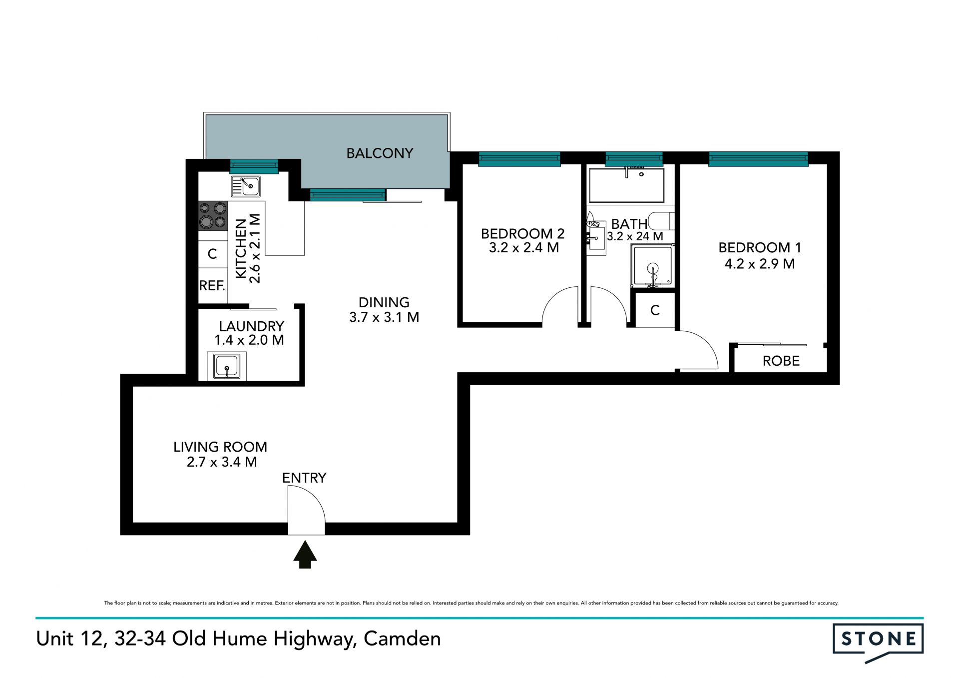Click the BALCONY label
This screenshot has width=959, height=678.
(x=380, y=153)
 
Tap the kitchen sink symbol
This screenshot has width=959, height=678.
(x=245, y=186)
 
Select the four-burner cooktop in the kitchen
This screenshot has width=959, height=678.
(x=213, y=215)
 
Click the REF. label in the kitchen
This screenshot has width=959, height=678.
(x=212, y=286)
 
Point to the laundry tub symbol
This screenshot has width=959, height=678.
(x=226, y=366)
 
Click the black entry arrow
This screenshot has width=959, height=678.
(x=305, y=555)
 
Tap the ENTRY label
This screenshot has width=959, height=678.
(x=304, y=478)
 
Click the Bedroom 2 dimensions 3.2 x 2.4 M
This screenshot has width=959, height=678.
(x=523, y=248)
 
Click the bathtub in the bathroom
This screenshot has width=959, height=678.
(x=626, y=185)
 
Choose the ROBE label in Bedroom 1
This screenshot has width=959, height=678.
(x=781, y=361)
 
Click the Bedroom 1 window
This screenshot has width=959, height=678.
(x=758, y=159)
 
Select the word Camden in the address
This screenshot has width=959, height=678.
(x=402, y=639)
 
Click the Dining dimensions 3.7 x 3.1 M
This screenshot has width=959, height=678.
(x=384, y=317)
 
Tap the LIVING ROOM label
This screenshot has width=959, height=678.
(x=220, y=447)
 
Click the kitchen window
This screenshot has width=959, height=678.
(x=254, y=166)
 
